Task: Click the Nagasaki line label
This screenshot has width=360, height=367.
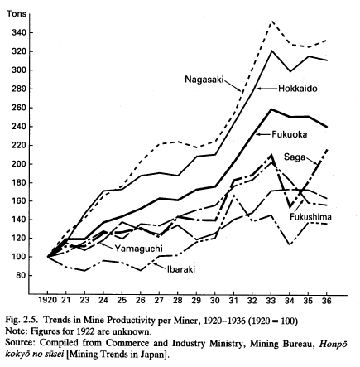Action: click(x=204, y=80)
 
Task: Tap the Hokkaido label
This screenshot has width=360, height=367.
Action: click(x=298, y=89)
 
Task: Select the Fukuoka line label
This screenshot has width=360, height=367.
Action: click(x=290, y=134)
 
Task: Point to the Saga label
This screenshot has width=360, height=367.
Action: click(x=295, y=157)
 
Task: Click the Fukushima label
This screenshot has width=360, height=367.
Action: click(x=310, y=217)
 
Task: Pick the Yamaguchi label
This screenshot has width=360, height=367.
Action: click(x=138, y=249)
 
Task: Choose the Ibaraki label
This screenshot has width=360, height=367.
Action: click(x=181, y=269)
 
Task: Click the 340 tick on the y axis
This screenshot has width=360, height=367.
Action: click(x=18, y=33)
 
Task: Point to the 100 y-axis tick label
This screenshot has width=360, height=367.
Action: click(x=18, y=257)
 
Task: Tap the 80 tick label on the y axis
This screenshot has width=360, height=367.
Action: click(x=20, y=276)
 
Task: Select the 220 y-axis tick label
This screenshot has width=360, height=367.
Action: click(x=18, y=145)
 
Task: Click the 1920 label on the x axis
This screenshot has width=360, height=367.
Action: click(x=47, y=300)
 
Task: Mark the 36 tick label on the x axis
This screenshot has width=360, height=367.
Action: click(x=327, y=300)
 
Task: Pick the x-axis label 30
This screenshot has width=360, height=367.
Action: click(x=215, y=300)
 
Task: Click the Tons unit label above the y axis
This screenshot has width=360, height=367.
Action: click(x=17, y=14)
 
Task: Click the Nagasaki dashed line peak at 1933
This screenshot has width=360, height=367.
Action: click(x=272, y=21)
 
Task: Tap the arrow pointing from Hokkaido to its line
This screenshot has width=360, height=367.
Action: click(x=266, y=89)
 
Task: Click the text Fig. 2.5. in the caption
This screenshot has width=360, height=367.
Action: click(x=22, y=321)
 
